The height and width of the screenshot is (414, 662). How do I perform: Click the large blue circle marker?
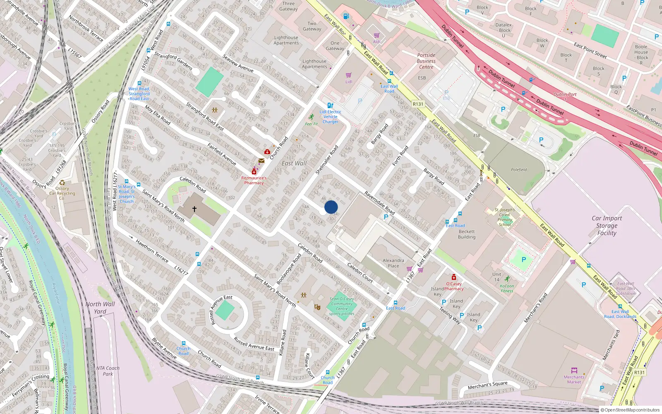point(331,207)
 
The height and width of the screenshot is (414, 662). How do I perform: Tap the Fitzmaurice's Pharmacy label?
point(254,181)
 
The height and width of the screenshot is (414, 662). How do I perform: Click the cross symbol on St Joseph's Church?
point(194,209)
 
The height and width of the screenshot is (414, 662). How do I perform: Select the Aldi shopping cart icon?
point(377,36)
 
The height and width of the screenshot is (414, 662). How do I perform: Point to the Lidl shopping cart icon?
point(348,75)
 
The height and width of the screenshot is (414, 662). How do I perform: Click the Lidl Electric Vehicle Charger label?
point(330,117)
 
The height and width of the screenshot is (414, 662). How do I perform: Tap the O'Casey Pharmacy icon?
point(453,277)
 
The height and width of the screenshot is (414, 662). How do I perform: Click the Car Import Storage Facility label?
point(607,226)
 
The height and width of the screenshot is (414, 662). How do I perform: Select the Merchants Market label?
point(574,379)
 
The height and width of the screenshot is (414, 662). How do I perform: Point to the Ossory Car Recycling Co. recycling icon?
point(62,182)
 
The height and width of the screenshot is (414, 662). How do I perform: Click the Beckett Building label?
point(466,234)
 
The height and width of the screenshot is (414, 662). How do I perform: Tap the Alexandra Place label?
point(393,263)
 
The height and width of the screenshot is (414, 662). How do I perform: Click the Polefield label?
point(518,170)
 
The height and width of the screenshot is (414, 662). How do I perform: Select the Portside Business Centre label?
point(426,61)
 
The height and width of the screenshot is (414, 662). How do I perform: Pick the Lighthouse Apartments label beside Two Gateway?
point(286,40)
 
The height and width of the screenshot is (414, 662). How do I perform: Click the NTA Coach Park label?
point(108,371)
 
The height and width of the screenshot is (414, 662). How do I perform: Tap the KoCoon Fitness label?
point(507,288)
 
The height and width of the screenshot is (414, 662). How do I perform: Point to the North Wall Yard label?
point(100,308)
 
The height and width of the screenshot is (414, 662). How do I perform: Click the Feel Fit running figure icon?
point(311,117)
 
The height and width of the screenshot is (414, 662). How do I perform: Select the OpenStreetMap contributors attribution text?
point(630,410)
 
